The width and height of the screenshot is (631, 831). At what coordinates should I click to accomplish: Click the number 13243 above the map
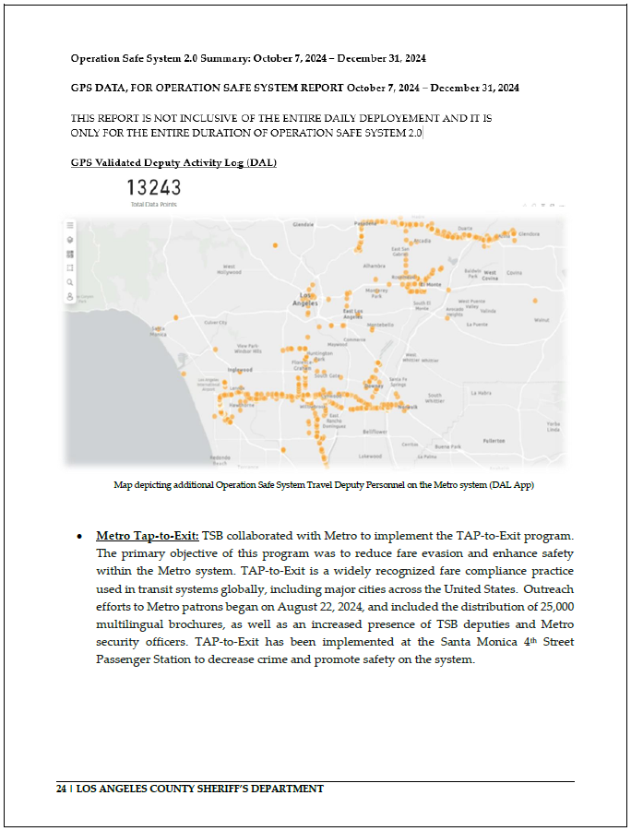154,188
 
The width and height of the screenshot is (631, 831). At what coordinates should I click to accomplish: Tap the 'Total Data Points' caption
154,204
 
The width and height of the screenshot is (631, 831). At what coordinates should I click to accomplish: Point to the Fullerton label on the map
494,440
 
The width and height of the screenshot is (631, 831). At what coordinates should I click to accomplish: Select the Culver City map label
215,322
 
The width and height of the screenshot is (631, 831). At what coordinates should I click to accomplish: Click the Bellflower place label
374,431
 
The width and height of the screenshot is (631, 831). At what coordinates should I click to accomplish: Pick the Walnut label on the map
541,320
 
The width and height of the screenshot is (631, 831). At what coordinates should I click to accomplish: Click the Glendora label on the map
529,234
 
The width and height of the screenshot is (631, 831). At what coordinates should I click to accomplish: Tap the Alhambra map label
374,265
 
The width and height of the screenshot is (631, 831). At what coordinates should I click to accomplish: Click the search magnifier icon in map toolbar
70,282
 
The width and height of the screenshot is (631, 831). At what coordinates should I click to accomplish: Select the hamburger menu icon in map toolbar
70,224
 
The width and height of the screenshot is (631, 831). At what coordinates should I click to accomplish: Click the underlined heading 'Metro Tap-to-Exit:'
148,535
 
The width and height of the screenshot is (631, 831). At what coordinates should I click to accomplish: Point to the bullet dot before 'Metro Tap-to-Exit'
81,536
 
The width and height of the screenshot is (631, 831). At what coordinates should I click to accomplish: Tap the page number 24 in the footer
61,789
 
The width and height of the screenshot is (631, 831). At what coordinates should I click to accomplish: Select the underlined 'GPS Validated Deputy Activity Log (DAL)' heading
173,163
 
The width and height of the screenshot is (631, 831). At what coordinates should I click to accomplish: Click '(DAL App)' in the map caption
509,484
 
